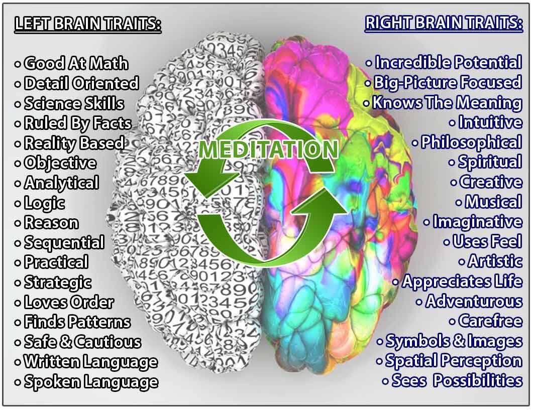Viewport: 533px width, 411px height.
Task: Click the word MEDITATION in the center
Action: (x=268, y=149)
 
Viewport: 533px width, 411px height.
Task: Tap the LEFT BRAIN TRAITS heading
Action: (x=88, y=24)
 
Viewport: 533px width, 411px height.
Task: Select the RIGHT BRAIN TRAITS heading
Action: (x=444, y=23)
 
